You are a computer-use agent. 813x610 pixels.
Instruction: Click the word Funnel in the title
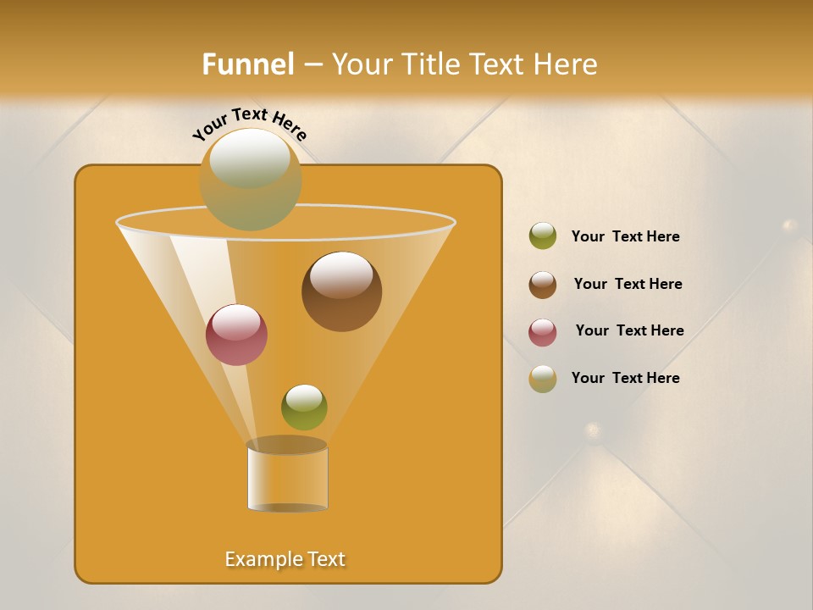247,64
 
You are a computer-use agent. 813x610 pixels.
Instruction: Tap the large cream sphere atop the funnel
250,179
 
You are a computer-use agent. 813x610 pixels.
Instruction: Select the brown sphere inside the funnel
341,291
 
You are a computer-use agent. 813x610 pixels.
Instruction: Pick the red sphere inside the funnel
236,334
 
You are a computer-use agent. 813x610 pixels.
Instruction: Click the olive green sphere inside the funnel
304,407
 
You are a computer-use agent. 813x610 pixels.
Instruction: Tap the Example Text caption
285,559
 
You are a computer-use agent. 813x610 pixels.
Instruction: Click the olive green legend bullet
543,236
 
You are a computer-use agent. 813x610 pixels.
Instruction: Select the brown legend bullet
543,285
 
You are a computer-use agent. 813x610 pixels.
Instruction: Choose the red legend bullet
543,332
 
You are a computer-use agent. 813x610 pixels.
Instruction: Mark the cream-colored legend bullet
543,379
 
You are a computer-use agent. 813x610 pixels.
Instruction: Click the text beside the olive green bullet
625,237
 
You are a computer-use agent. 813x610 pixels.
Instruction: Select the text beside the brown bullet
628,285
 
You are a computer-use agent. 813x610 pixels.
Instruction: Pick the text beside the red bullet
629,331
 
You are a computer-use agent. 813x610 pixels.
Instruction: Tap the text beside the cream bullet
625,379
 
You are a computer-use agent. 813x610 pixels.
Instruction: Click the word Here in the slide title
565,64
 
